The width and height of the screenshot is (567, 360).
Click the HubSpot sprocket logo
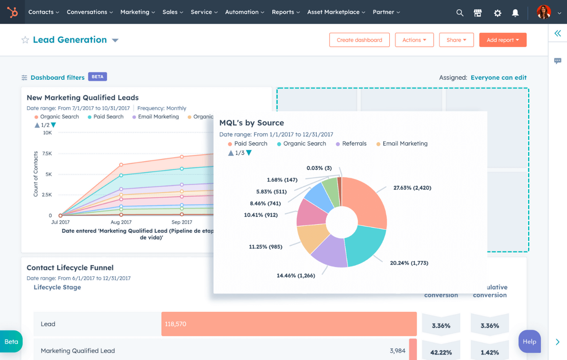coord(12,12)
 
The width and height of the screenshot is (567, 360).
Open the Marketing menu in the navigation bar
coord(137,12)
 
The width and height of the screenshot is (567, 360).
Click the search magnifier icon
coord(460,13)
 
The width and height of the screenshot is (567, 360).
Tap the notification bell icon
coord(515,13)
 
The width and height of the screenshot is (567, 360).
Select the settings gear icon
coord(497,13)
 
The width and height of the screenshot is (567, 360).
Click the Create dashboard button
coord(359,40)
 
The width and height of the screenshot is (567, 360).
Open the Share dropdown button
coord(456,40)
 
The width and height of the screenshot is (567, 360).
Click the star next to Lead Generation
coord(25,40)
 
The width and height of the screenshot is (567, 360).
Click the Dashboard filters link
coord(57,77)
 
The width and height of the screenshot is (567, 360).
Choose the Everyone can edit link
coord(498,77)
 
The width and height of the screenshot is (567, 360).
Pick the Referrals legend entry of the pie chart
coord(354,143)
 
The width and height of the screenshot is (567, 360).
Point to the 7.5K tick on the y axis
coord(47,154)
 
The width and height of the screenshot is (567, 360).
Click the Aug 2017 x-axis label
coord(121,222)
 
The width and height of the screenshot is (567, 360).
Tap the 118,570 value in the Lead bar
coord(175,324)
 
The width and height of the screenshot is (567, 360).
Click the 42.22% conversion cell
coord(441,352)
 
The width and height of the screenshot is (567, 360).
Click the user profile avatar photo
coord(544,12)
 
